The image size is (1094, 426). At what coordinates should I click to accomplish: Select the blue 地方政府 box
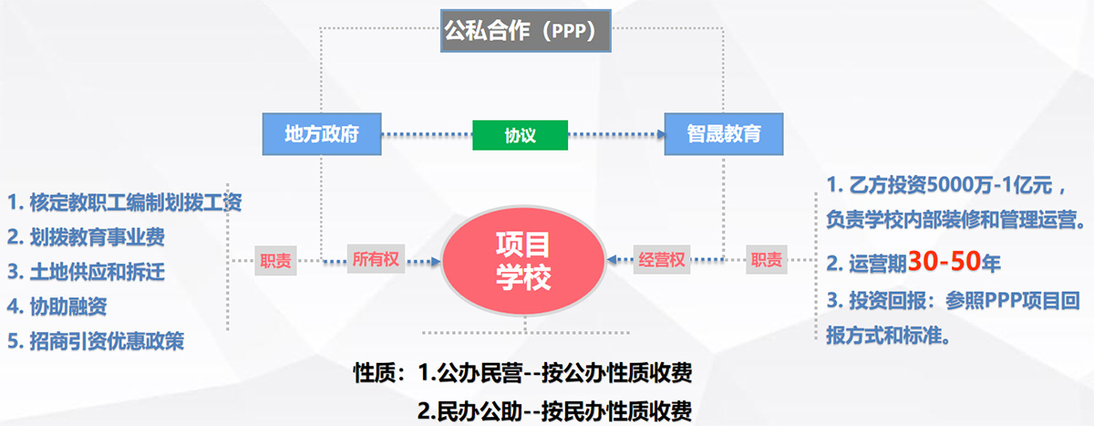320,135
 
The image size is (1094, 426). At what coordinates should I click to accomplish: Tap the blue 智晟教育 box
723,135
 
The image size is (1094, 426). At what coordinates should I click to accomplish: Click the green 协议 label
520,136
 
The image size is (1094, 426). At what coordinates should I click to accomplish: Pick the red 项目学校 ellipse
523,261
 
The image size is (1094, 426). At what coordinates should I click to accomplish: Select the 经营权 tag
661,261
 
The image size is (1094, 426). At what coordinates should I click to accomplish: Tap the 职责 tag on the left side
275,261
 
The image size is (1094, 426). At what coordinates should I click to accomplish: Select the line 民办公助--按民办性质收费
554,410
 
